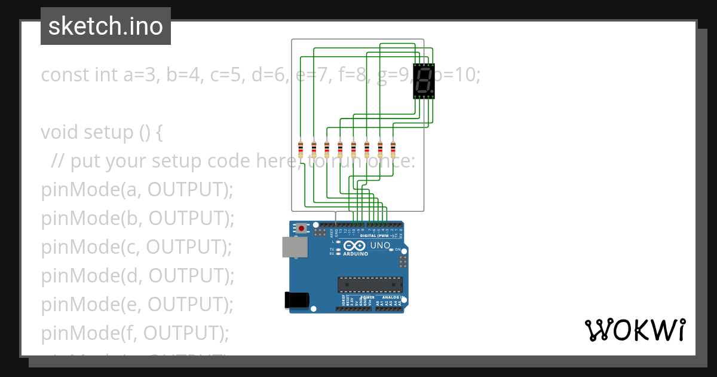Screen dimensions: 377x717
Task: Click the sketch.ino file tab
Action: tap(106, 26)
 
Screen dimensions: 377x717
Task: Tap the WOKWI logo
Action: tap(635, 330)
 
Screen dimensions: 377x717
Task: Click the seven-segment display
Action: tap(424, 81)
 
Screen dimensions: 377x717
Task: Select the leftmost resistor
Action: tap(301, 148)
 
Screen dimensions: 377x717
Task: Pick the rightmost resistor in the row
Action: tap(393, 148)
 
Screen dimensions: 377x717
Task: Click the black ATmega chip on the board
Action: tap(369, 285)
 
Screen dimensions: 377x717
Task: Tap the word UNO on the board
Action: tap(380, 245)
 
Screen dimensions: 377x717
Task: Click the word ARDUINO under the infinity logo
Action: tap(356, 254)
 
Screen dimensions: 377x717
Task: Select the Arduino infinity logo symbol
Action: tap(354, 245)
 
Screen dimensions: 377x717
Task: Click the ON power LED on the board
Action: tap(391, 249)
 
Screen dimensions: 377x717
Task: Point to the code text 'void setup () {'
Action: tap(102, 132)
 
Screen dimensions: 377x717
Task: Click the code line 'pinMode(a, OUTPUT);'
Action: tap(137, 190)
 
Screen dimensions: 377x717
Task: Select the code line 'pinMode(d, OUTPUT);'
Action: tap(137, 276)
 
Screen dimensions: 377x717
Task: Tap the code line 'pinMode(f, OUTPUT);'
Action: tap(135, 333)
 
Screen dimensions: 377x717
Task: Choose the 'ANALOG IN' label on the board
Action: tap(391, 297)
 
